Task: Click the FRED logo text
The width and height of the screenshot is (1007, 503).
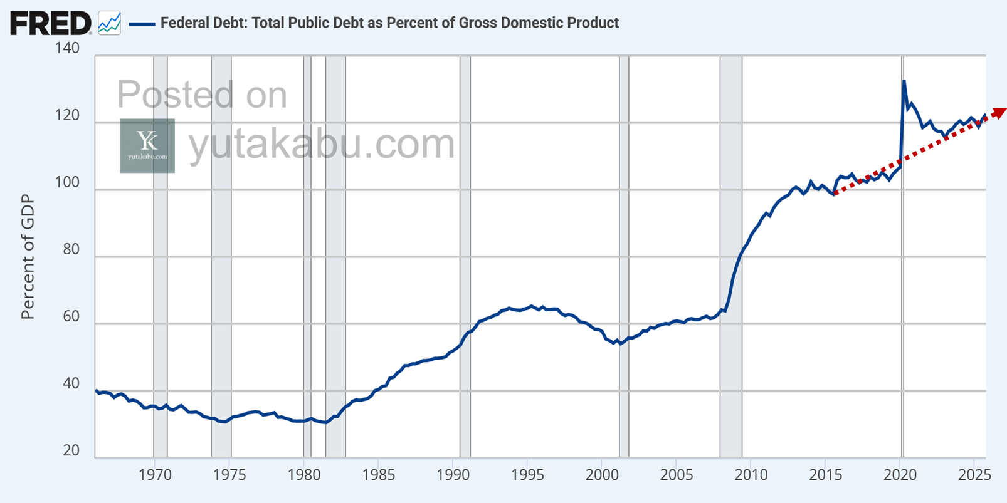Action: coord(50,23)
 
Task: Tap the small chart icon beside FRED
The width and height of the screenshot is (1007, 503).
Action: coord(109,23)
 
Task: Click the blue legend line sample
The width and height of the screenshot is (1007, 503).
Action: coord(142,24)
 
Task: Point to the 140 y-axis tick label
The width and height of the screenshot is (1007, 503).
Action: coord(67,48)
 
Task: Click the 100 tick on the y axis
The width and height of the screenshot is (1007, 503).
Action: coord(67,182)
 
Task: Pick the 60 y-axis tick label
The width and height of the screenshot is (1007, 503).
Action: coord(71,316)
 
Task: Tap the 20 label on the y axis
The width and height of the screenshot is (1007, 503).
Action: coord(71,450)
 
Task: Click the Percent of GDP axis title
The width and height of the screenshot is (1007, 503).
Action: coord(28,257)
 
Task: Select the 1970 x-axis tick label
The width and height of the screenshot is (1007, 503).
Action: coord(154,475)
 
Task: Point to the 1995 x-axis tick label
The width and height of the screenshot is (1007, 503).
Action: coord(527,475)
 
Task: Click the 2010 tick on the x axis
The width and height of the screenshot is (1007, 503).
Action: coord(751,475)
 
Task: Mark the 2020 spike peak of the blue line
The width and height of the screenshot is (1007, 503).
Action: coord(904,81)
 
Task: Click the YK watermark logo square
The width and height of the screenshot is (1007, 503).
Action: coord(147,145)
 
